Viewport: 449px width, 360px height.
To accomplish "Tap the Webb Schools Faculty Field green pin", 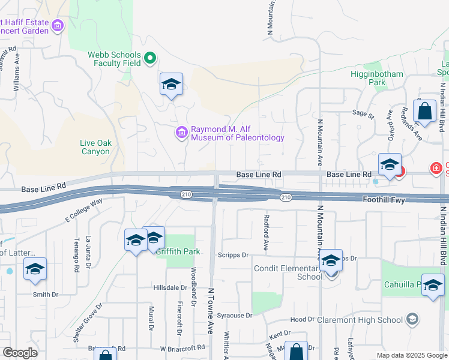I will pyautogui.click(x=151, y=59).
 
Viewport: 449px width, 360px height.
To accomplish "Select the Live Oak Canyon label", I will pyautogui.click(x=95, y=147).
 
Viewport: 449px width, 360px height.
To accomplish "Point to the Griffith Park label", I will pyautogui.click(x=178, y=251).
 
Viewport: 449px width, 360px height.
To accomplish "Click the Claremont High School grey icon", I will pyautogui.click(x=412, y=319).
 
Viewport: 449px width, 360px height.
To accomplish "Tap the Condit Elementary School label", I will pyautogui.click(x=288, y=272).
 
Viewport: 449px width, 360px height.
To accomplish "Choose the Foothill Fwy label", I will pyautogui.click(x=385, y=198).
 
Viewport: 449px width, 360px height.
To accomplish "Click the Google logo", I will pyautogui.click(x=20, y=353).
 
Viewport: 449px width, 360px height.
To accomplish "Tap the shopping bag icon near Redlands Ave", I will pyautogui.click(x=424, y=112).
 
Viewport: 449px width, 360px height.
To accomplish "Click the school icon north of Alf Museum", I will pyautogui.click(x=171, y=85).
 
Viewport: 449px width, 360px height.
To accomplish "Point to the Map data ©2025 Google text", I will pyautogui.click(x=411, y=355).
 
